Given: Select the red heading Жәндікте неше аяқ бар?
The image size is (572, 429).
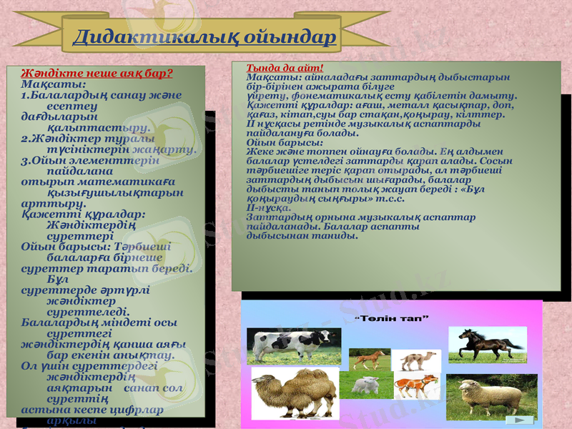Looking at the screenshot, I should (x=97, y=73).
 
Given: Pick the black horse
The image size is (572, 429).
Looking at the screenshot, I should (x=487, y=344).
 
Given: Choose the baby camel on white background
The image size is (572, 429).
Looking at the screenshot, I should (x=416, y=360).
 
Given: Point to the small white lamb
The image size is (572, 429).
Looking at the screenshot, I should (x=367, y=386).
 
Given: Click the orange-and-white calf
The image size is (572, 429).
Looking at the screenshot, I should (x=415, y=386).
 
